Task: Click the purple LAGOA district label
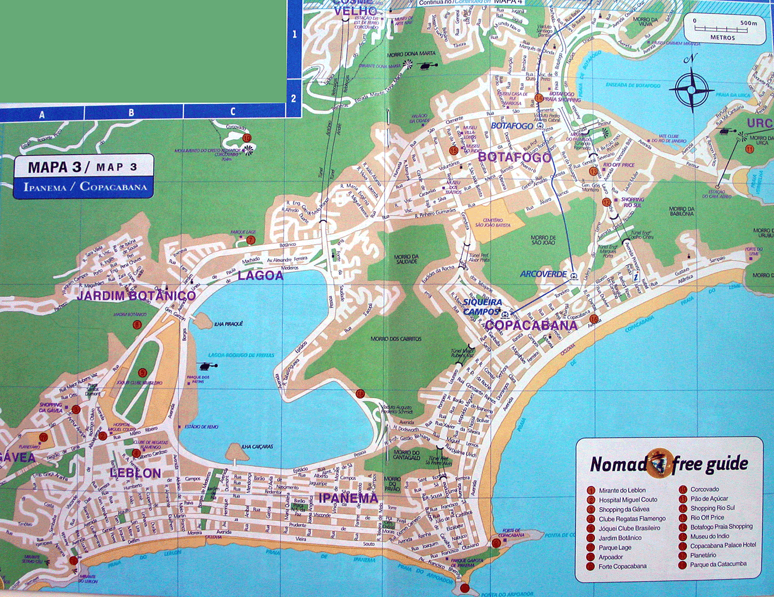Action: (260, 276)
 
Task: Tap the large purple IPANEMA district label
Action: (348, 499)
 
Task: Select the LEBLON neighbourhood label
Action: (135, 473)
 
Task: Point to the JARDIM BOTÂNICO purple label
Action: (136, 295)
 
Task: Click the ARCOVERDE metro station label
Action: (543, 274)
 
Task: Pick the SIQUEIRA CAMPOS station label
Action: (483, 307)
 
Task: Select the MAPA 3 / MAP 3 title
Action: (83, 167)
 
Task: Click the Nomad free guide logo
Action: (669, 464)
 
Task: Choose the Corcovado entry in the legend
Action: (704, 489)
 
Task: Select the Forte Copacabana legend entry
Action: (622, 567)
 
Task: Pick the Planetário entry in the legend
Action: (703, 555)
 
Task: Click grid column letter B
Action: (131, 113)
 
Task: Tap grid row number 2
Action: (294, 99)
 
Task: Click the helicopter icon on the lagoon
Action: (207, 366)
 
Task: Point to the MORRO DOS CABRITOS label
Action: (396, 339)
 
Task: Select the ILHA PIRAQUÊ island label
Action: (228, 324)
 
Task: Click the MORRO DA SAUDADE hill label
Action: (406, 259)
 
